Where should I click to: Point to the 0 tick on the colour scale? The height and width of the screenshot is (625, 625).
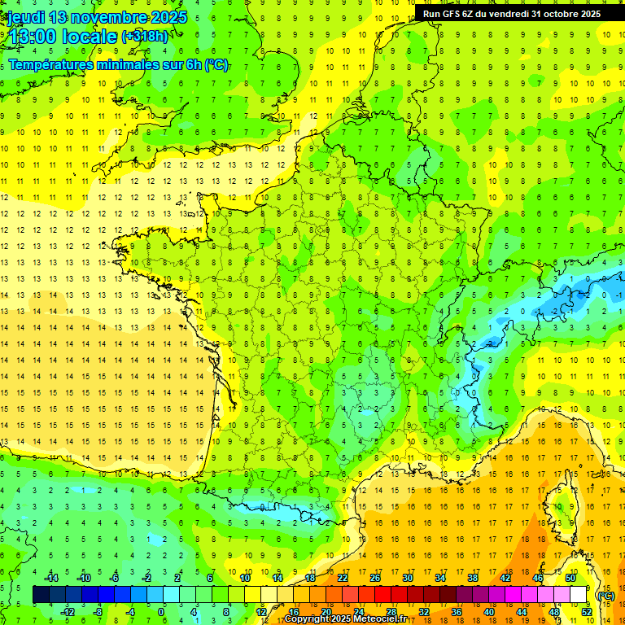click(161, 612)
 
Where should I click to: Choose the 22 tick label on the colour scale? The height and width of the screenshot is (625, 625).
click(343, 578)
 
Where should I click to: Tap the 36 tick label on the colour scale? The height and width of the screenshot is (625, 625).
click(456, 612)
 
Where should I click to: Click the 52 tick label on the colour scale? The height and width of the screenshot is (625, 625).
click(586, 612)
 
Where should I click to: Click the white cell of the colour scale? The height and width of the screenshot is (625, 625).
click(578, 595)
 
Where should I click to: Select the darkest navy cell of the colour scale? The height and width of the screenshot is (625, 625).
click(41, 595)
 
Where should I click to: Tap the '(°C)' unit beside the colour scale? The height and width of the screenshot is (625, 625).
click(605, 595)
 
